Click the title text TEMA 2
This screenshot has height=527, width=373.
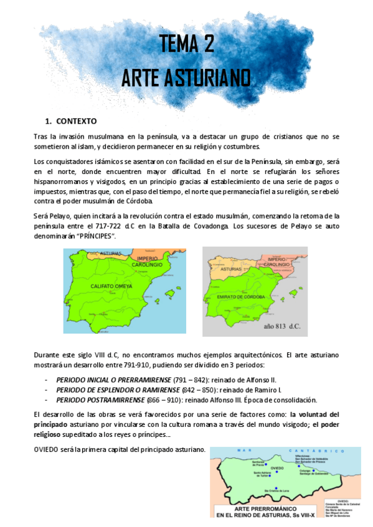click(x=186, y=45)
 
